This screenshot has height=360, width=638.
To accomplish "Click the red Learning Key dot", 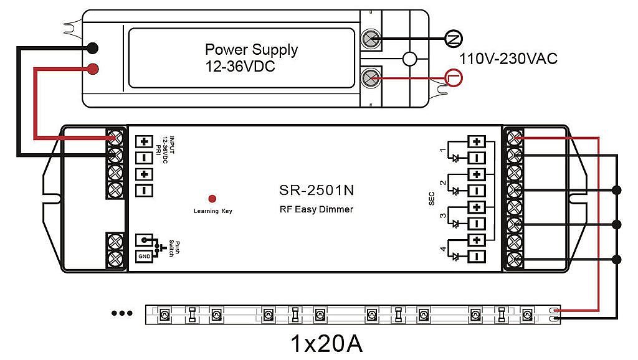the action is (x=212, y=199).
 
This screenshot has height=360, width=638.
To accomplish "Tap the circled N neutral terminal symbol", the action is (x=454, y=39).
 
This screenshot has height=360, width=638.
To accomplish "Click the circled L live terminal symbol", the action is (x=454, y=77).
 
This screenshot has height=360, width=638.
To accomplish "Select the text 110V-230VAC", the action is (x=508, y=59).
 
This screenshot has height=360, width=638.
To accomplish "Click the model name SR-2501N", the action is (x=317, y=190).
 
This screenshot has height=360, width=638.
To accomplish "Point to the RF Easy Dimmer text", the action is (x=317, y=209).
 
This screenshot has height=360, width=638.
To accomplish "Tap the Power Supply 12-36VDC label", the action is (x=252, y=58).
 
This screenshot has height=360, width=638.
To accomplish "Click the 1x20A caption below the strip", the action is (x=326, y=344).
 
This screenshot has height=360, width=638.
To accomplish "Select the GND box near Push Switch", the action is (x=144, y=256).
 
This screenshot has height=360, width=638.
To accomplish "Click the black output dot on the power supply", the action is (x=93, y=48).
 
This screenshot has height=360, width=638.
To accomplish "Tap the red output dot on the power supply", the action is (x=93, y=69).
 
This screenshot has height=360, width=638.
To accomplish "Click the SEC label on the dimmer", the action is (x=432, y=199).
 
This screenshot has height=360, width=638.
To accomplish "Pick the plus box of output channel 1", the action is (x=477, y=141).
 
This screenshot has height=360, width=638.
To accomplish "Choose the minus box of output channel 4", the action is (x=477, y=257).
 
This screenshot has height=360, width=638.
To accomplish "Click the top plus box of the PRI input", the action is (x=144, y=141).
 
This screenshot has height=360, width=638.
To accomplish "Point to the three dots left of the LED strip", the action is (x=121, y=313).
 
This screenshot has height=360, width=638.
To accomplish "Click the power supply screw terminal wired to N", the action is (x=371, y=39).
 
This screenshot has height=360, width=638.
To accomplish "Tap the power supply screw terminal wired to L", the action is (x=371, y=77).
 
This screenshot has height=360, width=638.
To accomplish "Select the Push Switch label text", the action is (x=174, y=248).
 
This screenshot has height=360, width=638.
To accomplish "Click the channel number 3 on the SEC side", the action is (x=443, y=216).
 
